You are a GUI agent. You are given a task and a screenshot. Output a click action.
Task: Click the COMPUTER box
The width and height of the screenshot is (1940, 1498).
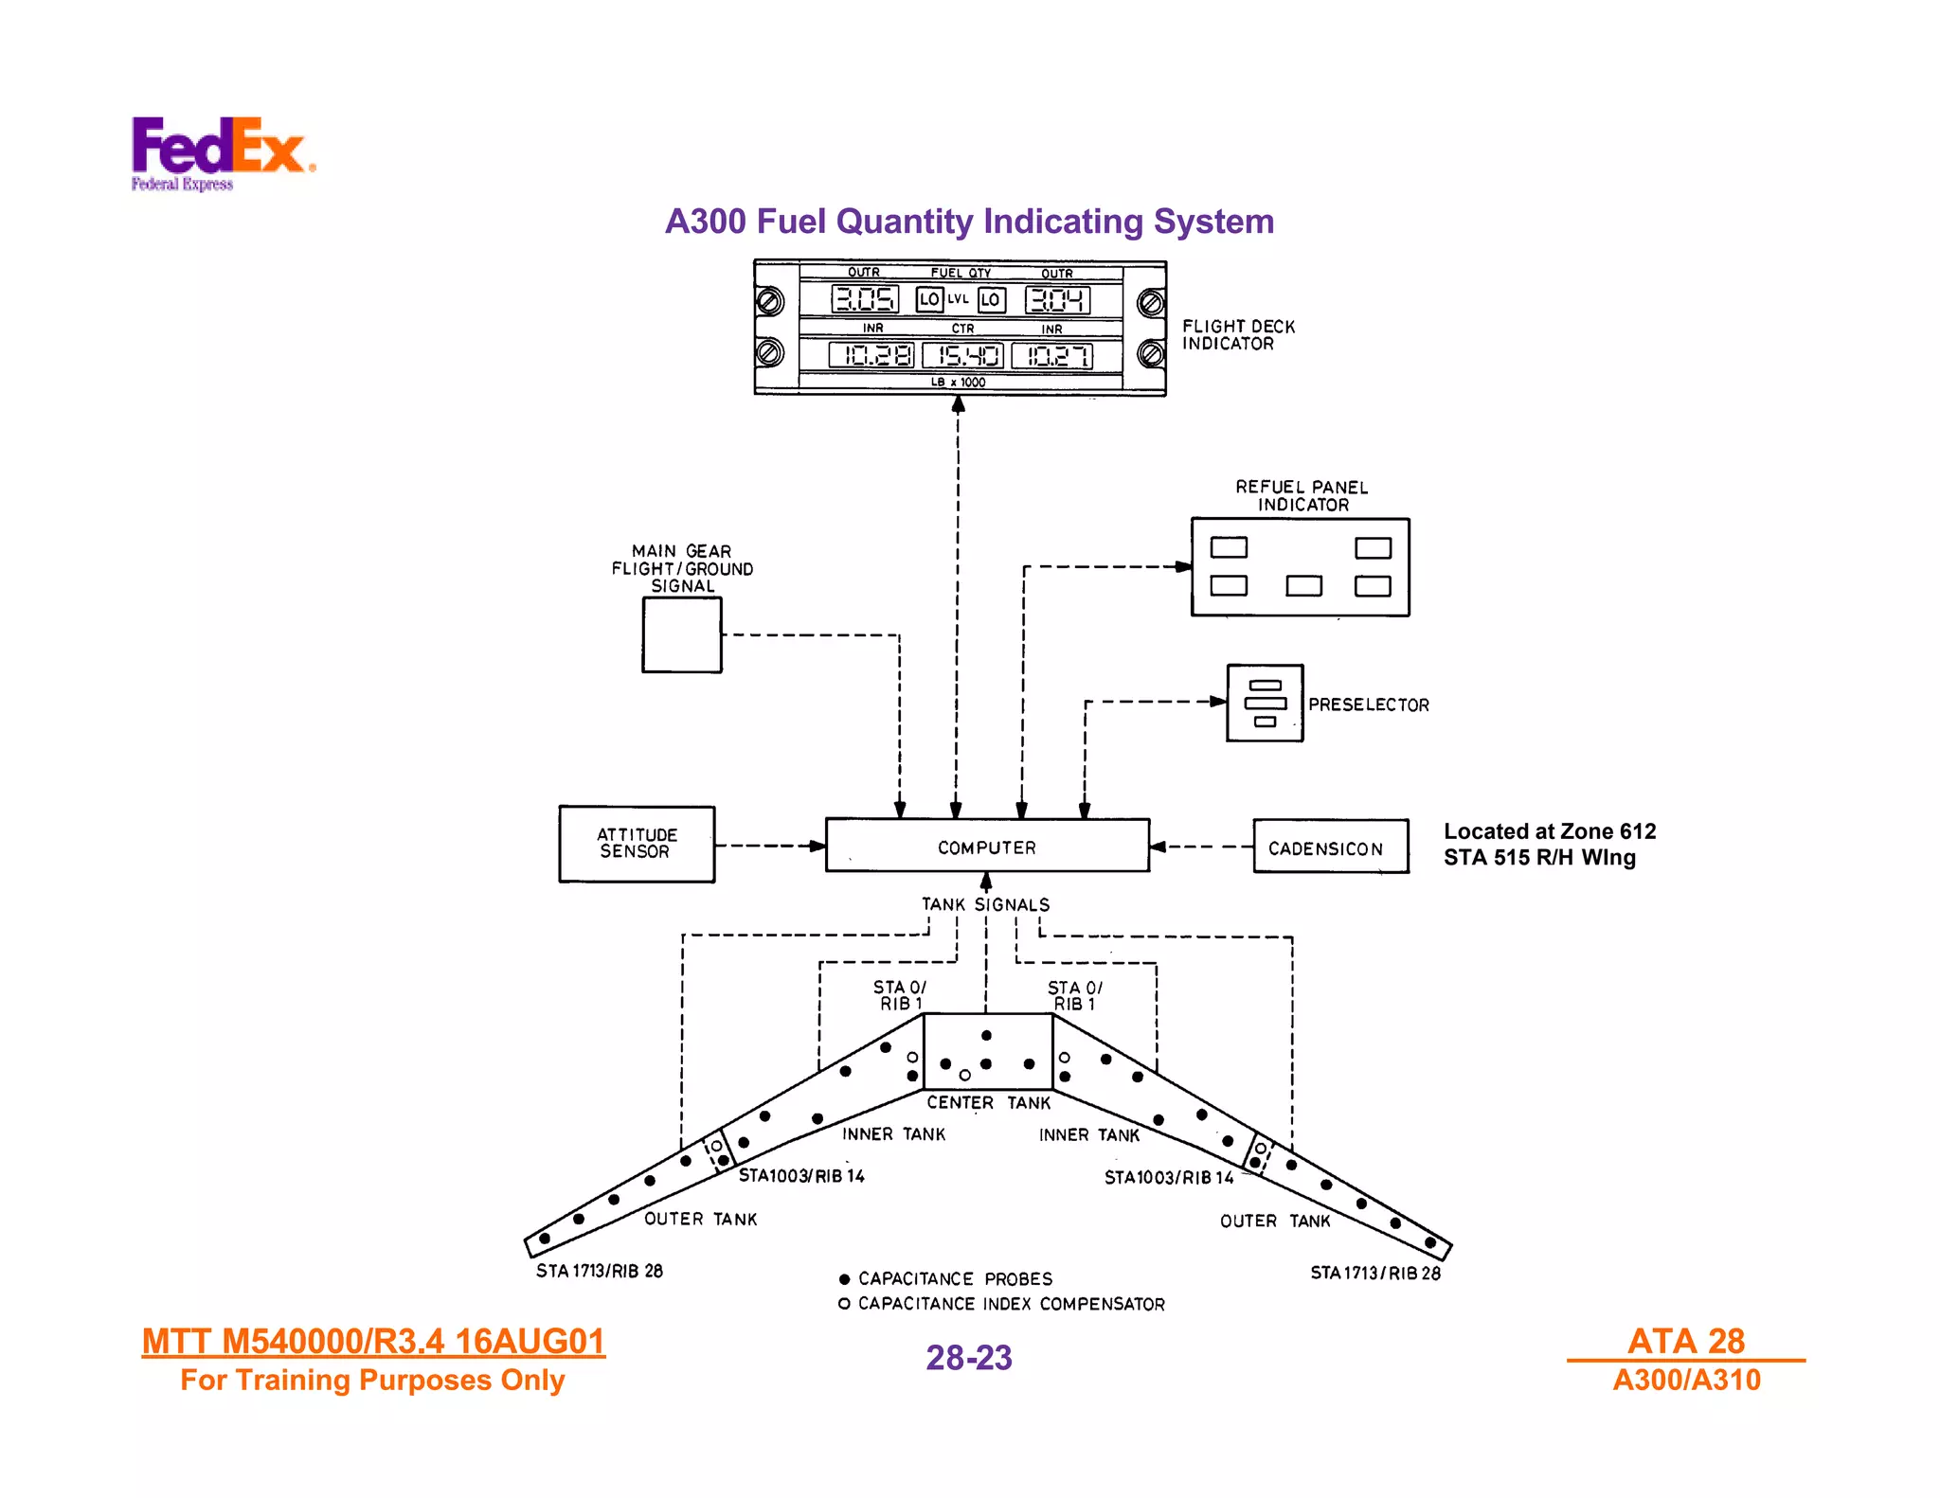pyautogui.click(x=987, y=847)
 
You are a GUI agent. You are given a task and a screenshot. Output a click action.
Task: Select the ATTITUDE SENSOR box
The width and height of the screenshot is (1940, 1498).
pyautogui.click(x=637, y=844)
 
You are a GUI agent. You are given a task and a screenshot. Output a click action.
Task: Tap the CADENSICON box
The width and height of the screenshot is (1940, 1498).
pyautogui.click(x=1329, y=847)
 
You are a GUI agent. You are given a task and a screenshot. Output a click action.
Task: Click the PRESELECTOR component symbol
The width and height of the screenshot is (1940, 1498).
pyautogui.click(x=1265, y=703)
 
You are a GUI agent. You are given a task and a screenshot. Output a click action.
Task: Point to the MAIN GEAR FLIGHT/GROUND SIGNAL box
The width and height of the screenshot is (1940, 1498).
pyautogui.click(x=681, y=635)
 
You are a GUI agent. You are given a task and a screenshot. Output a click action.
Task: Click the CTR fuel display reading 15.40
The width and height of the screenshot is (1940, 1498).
pyautogui.click(x=963, y=356)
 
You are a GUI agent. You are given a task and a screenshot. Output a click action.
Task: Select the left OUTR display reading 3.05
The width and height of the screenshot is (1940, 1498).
pyautogui.click(x=864, y=300)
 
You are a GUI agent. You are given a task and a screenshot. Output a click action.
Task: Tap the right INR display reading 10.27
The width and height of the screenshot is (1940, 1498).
pyautogui.click(x=1052, y=356)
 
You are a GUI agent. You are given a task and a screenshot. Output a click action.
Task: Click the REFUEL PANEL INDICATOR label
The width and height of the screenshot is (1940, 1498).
pyautogui.click(x=1302, y=496)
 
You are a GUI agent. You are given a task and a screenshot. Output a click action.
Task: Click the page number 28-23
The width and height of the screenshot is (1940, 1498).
pyautogui.click(x=968, y=1358)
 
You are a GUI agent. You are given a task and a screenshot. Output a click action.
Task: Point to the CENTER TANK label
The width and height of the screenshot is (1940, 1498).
pyautogui.click(x=988, y=1103)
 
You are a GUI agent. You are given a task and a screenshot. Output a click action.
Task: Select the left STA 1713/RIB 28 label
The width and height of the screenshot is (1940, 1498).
pyautogui.click(x=600, y=1271)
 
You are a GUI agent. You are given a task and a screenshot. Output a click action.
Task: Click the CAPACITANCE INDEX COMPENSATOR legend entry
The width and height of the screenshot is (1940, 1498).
pyautogui.click(x=1002, y=1304)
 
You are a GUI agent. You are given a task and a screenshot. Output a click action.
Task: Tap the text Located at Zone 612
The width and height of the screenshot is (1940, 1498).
pyautogui.click(x=1549, y=831)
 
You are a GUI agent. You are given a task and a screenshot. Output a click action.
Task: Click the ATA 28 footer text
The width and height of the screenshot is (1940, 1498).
pyautogui.click(x=1685, y=1341)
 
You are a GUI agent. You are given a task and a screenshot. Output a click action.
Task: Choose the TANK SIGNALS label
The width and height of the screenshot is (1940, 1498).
pyautogui.click(x=985, y=904)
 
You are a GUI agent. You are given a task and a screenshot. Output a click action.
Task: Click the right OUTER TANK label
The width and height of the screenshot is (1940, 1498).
pyautogui.click(x=1275, y=1221)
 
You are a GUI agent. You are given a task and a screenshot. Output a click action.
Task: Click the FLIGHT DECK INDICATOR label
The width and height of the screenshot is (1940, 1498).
pyautogui.click(x=1237, y=335)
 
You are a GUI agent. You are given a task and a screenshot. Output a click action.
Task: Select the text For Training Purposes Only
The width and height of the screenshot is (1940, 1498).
pyautogui.click(x=372, y=1381)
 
